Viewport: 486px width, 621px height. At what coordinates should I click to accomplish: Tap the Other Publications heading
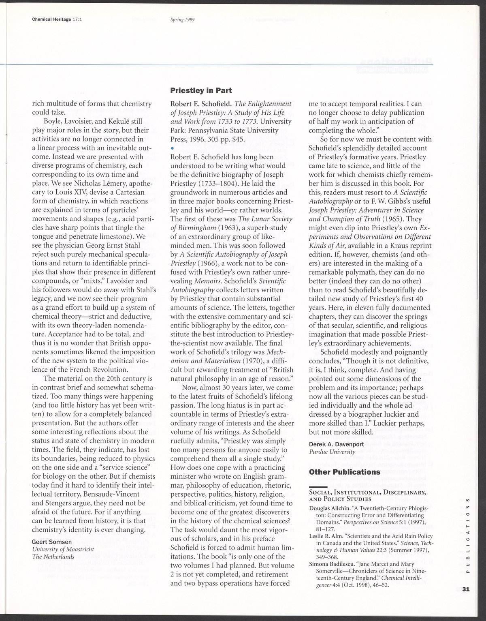point(345,472)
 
